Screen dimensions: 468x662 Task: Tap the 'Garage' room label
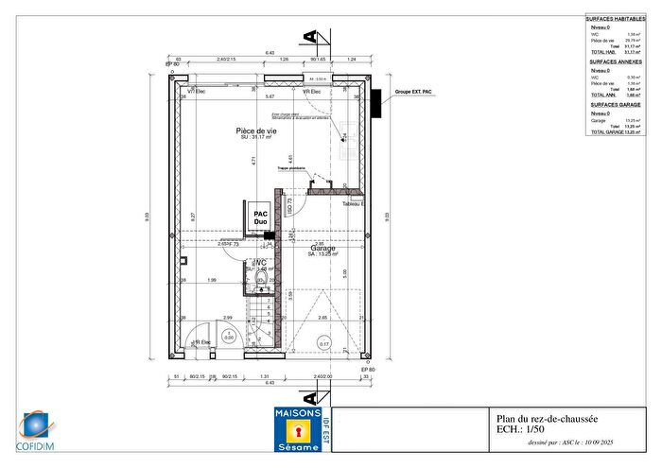pos(322,249)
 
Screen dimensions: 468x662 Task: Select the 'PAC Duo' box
pos(260,218)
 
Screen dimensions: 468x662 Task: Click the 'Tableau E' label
pos(354,203)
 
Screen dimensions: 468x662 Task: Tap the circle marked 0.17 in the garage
pos(323,345)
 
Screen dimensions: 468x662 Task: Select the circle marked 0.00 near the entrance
pos(227,336)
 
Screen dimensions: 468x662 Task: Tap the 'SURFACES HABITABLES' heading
pos(616,19)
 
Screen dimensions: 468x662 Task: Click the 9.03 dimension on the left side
pos(147,217)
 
